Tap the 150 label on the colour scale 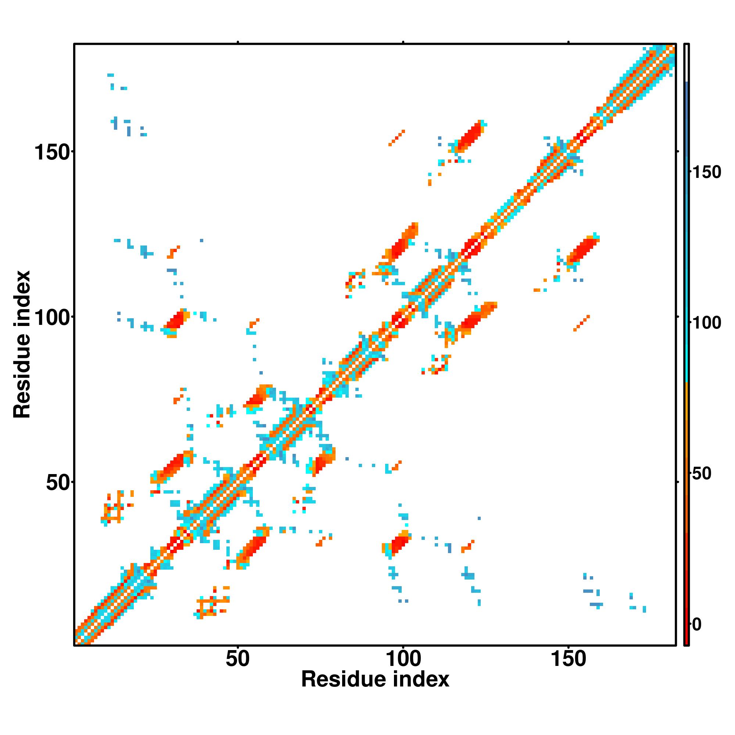[x=706, y=172]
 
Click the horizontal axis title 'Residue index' [x=375, y=680]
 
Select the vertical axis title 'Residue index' [x=22, y=345]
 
